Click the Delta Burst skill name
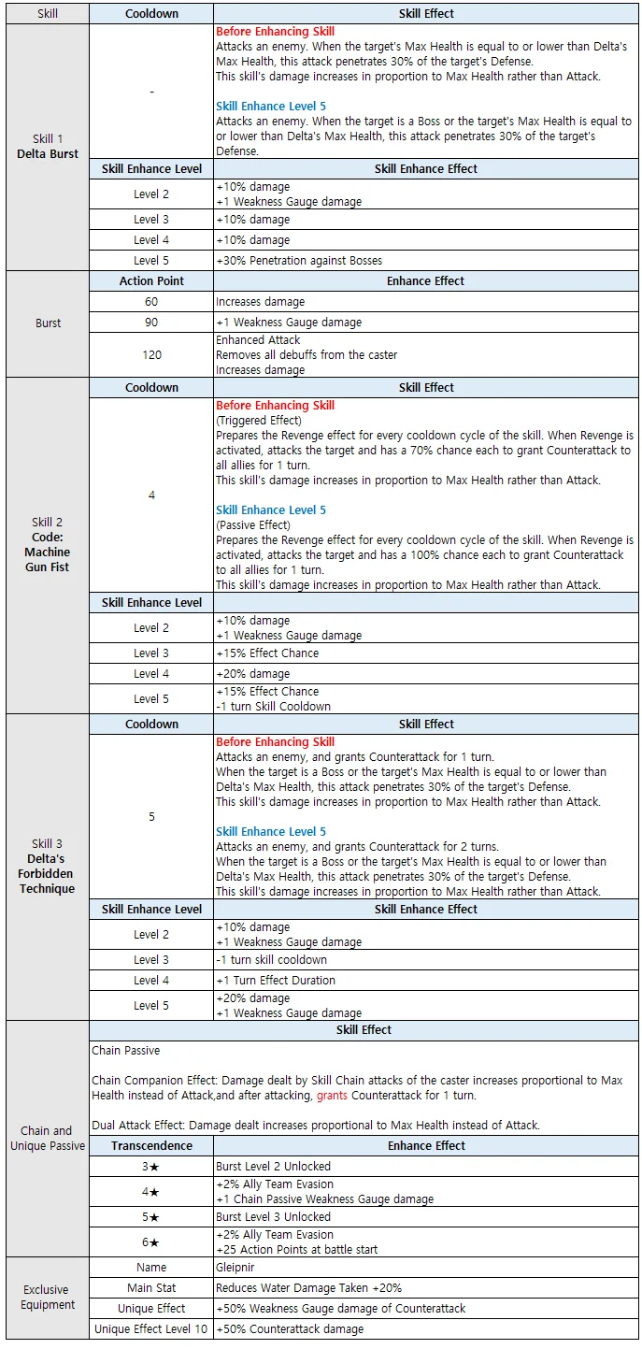48,153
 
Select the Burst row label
48,323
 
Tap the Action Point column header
151,280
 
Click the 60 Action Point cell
151,302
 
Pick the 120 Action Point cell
151,354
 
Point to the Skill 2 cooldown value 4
151,495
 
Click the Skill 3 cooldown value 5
151,816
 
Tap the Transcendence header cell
151,1145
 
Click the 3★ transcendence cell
151,1167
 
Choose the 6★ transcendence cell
151,1242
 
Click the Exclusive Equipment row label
47,1297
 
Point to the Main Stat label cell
151,1287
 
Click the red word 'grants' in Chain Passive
332,1095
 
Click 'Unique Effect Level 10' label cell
151,1328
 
